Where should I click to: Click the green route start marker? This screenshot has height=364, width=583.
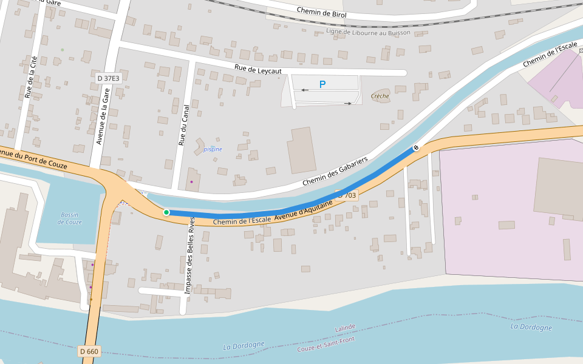click(166, 212)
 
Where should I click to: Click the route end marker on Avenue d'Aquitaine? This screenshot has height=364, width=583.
click(417, 147)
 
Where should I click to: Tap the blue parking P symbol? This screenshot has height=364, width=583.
click(322, 85)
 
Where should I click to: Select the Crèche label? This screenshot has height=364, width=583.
click(380, 96)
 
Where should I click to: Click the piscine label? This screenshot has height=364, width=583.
click(213, 149)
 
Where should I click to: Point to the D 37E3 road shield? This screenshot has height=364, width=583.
click(109, 78)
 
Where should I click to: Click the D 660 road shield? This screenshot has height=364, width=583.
click(89, 351)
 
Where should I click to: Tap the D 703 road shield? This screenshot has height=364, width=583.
click(347, 195)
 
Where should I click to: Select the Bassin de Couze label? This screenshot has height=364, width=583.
click(70, 218)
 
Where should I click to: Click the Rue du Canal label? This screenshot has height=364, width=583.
click(183, 125)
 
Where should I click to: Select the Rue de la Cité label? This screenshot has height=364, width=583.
click(29, 76)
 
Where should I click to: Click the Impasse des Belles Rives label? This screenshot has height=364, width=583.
click(189, 255)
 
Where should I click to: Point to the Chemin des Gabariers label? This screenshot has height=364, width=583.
click(335, 172)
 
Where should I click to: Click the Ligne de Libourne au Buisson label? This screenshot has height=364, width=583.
click(368, 32)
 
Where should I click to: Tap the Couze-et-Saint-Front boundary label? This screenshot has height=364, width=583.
click(326, 345)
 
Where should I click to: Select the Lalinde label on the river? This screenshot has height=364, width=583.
click(345, 328)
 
